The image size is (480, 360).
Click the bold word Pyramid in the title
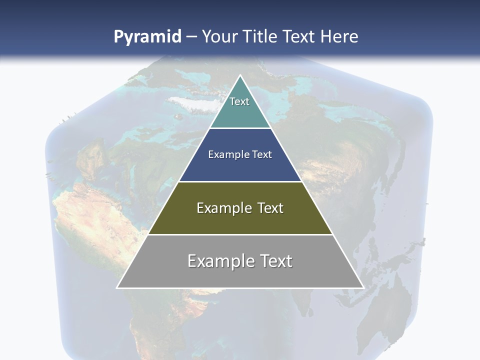[x=147, y=37]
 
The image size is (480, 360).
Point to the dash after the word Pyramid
[x=191, y=37]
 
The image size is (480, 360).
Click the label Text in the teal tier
[x=239, y=101]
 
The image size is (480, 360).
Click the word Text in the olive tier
[x=270, y=208]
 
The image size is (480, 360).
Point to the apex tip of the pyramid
[x=240, y=76]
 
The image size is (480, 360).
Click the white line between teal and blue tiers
[x=240, y=128]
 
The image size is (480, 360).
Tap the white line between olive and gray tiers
[x=240, y=234]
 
